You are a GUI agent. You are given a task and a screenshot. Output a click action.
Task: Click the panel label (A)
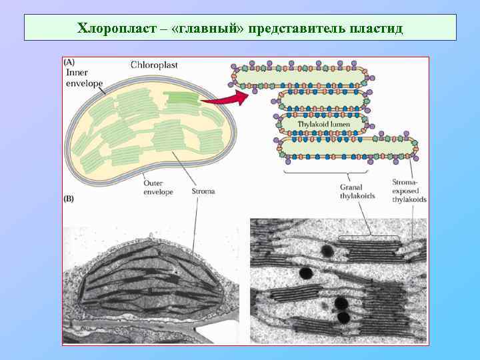pyautogui.click(x=69, y=63)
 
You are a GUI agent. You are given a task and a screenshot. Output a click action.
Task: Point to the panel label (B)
pyautogui.click(x=69, y=199)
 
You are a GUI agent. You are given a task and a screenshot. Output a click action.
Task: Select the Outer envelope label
pyautogui.click(x=158, y=187)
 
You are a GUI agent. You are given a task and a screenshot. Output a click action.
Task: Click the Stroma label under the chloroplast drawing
pyautogui.click(x=203, y=191)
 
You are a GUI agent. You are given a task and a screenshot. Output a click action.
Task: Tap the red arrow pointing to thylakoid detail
pyautogui.click(x=223, y=99)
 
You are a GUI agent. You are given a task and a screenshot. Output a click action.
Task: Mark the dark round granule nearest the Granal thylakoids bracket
pyautogui.click(x=327, y=251)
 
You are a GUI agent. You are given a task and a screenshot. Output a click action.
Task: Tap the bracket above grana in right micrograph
pyautogui.click(x=369, y=237)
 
